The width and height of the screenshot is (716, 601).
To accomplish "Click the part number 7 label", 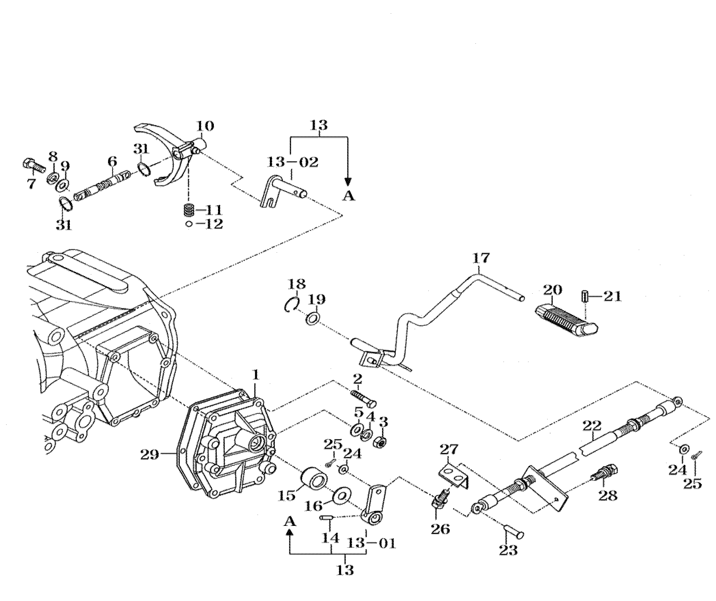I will (31, 184).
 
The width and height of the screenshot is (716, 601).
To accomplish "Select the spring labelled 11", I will (189, 210).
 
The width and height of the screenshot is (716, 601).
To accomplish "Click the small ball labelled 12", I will (189, 224).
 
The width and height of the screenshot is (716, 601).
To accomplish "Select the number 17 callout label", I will (481, 258).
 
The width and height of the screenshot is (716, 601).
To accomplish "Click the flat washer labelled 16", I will (341, 496).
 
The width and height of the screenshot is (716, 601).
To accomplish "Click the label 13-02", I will (292, 162).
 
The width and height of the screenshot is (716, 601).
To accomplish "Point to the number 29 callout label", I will (150, 455).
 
